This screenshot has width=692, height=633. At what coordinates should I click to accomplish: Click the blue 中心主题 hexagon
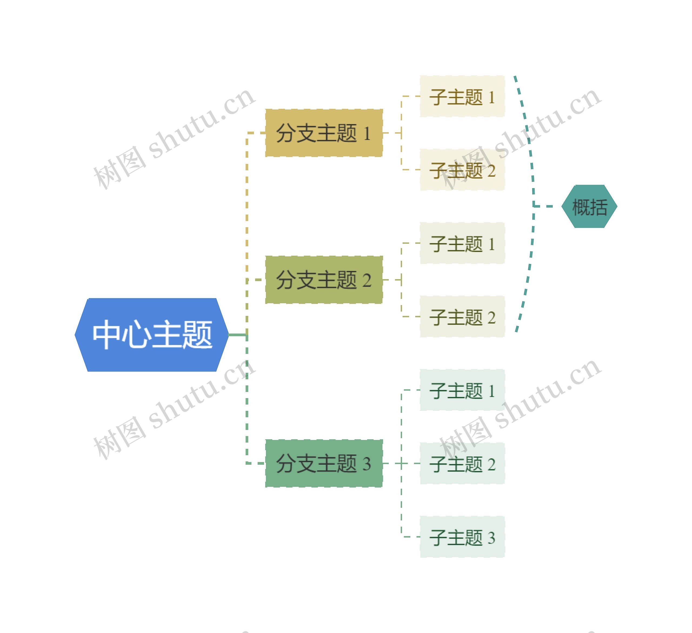click(x=151, y=335)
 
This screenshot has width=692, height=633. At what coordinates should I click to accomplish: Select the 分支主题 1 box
click(x=324, y=133)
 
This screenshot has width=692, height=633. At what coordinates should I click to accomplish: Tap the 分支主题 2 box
click(x=324, y=280)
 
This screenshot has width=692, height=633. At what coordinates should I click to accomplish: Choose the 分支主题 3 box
click(x=324, y=464)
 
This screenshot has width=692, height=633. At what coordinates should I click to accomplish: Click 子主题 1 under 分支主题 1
click(x=462, y=96)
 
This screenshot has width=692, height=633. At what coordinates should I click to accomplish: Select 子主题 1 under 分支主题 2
click(x=462, y=243)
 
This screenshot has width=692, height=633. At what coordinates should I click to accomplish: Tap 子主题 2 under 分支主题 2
click(x=462, y=317)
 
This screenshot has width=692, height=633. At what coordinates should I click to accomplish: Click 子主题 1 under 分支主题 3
click(x=462, y=390)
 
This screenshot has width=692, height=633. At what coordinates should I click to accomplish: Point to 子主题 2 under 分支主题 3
click(x=462, y=464)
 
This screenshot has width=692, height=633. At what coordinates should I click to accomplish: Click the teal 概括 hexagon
click(x=589, y=206)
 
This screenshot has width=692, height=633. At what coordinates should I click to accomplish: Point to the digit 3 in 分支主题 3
click(x=367, y=464)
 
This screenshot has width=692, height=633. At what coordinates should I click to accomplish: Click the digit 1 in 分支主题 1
click(x=367, y=134)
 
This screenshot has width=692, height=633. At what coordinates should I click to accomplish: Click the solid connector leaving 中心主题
click(x=238, y=335)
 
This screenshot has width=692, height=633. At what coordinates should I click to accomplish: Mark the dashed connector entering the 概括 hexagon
click(x=544, y=206)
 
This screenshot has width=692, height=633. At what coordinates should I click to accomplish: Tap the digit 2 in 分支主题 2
click(x=367, y=281)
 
